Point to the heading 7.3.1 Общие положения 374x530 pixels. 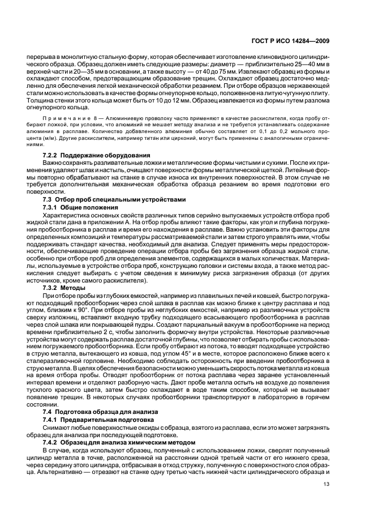pos(80,207)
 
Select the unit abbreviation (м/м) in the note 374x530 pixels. pos(57,137)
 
